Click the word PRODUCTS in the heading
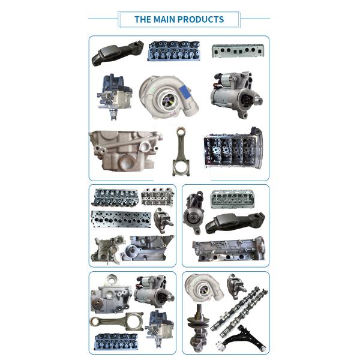[x=200, y=19]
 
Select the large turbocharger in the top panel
[x=167, y=96]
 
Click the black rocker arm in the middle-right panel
[x=234, y=222]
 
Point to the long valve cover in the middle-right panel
[x=227, y=249]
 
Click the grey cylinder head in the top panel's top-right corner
[x=239, y=50]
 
